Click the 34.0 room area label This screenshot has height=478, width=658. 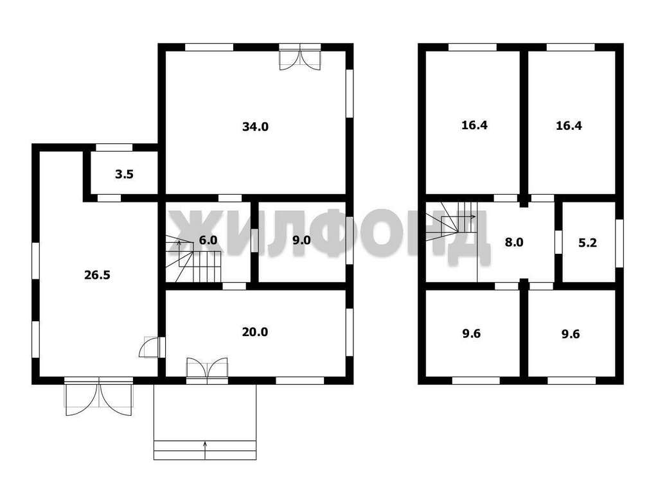[255, 127]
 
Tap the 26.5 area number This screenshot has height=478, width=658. [98, 275]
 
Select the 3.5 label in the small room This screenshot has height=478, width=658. [124, 174]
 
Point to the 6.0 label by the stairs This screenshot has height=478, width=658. [208, 240]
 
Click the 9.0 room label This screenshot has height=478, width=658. [301, 240]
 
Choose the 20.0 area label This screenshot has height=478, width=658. [255, 332]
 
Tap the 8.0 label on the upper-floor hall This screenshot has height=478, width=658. [514, 243]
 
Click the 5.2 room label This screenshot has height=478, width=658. [587, 243]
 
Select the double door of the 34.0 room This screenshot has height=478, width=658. [300, 57]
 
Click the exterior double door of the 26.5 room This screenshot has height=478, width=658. [98, 396]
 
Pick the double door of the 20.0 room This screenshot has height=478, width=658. [208, 369]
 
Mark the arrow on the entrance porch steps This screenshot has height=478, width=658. [205, 450]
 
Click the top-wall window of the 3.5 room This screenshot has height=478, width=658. [114, 147]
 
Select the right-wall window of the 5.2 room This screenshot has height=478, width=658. [619, 243]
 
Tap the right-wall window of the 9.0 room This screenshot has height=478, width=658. [349, 240]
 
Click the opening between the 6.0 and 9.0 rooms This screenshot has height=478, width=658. [254, 240]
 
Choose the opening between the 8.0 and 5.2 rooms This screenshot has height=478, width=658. [558, 242]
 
